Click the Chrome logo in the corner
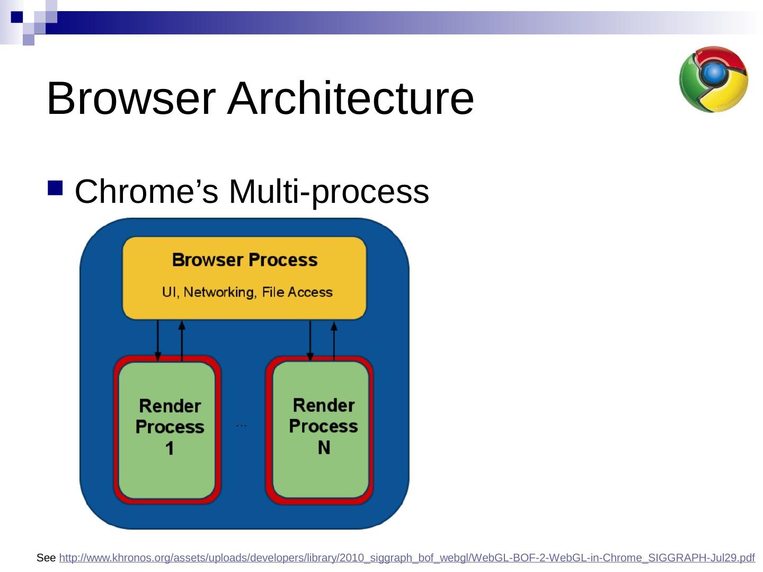pos(713,79)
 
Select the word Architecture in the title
pos(350,99)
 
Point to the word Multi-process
pos(329,192)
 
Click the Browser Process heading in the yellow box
pos(244,260)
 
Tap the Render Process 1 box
pos(167,429)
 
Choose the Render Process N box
pos(320,429)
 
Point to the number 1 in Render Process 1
pos(170,449)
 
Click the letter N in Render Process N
pos(324,448)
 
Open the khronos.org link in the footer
pos(406,558)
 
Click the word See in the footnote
pos(46,558)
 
